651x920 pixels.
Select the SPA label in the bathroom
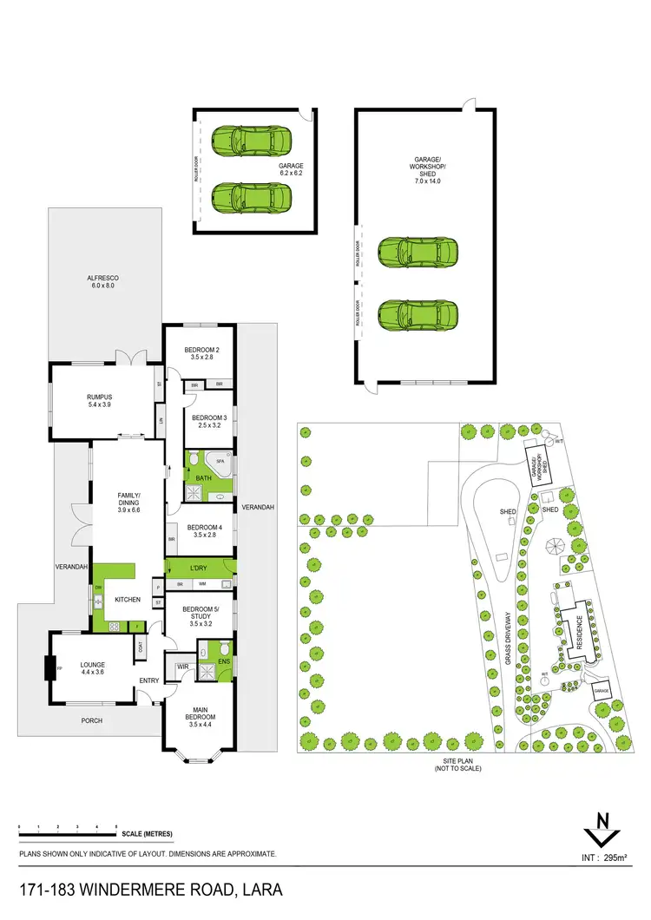(x=220, y=462)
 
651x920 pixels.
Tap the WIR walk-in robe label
(x=183, y=667)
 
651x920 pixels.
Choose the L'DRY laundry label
(x=201, y=568)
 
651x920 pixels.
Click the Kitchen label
(x=128, y=600)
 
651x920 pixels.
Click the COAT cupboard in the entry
(x=140, y=646)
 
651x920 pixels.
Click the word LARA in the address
(x=260, y=891)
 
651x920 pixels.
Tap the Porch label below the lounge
(x=92, y=721)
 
